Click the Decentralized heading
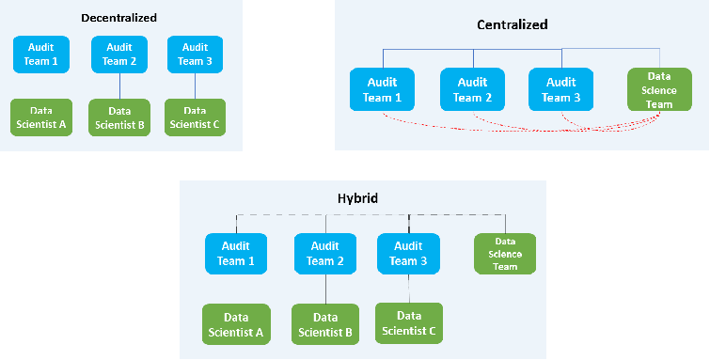(119, 18)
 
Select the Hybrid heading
(357, 198)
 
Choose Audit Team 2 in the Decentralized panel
(120, 55)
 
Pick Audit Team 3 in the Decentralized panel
(195, 55)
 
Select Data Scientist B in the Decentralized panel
(120, 117)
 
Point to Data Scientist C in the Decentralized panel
(195, 117)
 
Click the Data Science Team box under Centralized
(659, 90)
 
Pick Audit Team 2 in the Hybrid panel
(325, 255)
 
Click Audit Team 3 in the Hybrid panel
(409, 255)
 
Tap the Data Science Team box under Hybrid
(505, 254)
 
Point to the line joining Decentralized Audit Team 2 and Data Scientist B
(120, 86)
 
